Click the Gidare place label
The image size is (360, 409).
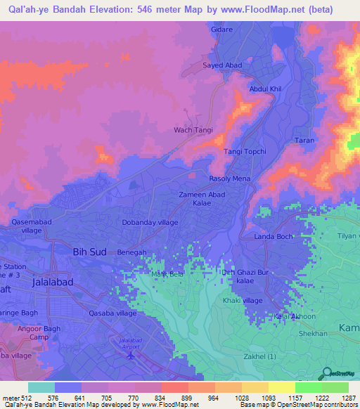point(221,31)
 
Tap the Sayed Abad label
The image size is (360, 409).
point(223,65)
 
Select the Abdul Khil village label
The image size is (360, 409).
point(265,89)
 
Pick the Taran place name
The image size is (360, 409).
point(304,141)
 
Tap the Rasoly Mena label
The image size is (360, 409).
point(229,178)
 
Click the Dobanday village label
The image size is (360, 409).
point(150,222)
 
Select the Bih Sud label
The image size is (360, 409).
point(89,251)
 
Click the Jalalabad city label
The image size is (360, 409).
point(62,280)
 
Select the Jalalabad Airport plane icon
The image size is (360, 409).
point(130,355)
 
